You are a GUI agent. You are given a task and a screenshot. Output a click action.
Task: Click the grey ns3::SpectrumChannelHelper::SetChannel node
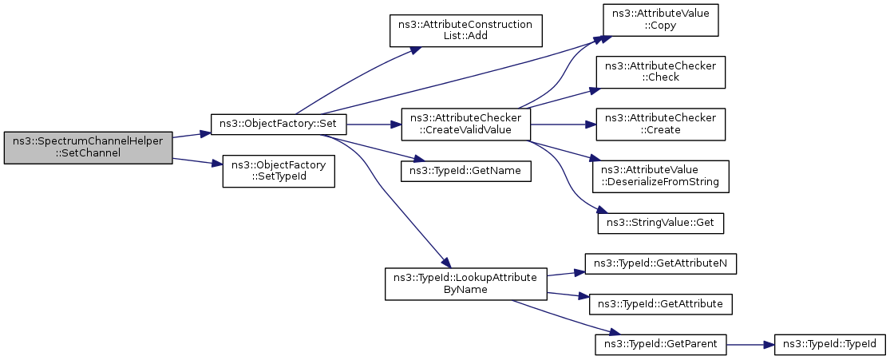[x=88, y=148]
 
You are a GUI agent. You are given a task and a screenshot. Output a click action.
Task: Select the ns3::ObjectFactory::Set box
[x=278, y=125]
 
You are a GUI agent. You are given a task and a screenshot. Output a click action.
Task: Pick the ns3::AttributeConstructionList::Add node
[x=465, y=30]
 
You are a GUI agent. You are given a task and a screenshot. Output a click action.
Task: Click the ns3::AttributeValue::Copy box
[x=660, y=21]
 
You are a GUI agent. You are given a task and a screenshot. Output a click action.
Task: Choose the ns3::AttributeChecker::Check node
[x=660, y=72]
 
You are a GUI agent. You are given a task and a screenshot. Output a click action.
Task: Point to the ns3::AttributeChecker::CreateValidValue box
[x=465, y=125]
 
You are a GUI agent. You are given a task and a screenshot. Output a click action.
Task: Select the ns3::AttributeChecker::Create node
[x=660, y=125]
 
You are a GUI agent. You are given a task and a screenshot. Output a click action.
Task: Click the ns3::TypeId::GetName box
[x=465, y=171]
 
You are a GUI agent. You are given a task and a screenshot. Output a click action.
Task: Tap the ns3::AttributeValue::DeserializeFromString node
[x=660, y=176]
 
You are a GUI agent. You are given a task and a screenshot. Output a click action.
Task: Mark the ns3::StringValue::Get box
[x=660, y=224]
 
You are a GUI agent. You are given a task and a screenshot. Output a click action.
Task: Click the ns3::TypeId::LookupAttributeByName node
[x=465, y=284]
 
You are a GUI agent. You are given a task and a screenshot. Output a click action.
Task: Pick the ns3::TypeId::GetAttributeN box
[x=660, y=264]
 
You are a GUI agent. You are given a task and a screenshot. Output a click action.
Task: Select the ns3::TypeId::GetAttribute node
[x=660, y=304]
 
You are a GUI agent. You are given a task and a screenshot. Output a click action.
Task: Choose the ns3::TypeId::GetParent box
[x=660, y=344]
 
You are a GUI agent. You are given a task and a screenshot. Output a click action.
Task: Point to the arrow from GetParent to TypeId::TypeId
[x=750, y=344]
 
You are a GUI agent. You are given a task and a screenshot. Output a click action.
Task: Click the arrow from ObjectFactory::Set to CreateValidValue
[x=374, y=125]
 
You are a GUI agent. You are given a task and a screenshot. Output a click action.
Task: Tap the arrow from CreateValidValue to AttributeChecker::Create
[x=563, y=125]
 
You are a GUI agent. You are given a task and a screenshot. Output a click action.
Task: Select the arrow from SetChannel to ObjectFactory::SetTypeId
[x=197, y=162]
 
